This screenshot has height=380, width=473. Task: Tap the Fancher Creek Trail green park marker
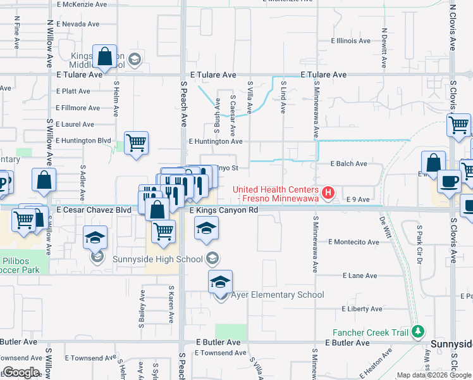click(417, 332)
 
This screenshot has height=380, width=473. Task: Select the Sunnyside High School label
click(157, 258)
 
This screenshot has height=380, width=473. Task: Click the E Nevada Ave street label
click(77, 24)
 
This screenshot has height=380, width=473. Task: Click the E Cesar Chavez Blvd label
click(94, 210)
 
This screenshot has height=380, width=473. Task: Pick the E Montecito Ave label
click(354, 242)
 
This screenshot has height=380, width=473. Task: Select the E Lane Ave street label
click(360, 275)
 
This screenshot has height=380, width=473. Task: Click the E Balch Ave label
click(349, 163)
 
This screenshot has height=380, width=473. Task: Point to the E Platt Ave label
click(73, 91)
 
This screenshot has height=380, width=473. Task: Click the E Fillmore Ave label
click(78, 108)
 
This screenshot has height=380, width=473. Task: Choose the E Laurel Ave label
click(75, 125)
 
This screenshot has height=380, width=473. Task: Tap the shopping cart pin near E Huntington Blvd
click(136, 143)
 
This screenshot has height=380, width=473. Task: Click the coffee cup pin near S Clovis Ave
click(450, 181)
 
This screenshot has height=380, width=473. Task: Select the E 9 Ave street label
click(358, 199)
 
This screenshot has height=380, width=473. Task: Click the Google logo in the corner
click(21, 372)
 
